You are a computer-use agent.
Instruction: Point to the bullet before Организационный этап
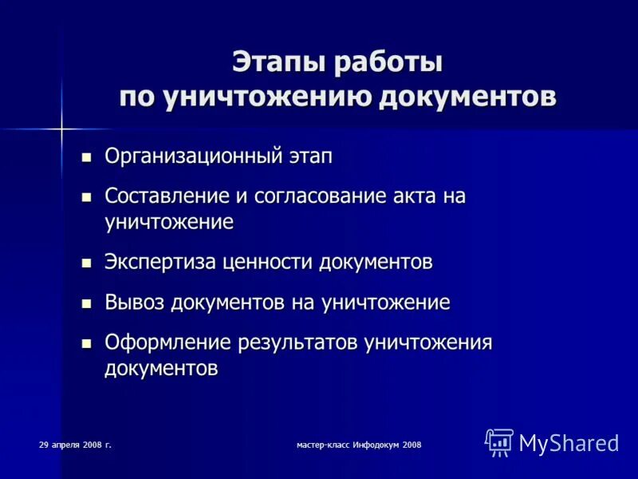(87, 156)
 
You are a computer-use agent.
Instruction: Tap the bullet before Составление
(87, 196)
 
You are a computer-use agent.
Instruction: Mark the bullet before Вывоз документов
(87, 303)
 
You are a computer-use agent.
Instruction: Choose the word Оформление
(168, 342)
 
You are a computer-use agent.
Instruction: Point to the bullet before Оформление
(87, 343)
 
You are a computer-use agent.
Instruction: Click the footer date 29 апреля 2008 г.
(75, 444)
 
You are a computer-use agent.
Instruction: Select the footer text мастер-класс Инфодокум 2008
(358, 444)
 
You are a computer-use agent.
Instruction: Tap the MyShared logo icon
(499, 441)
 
